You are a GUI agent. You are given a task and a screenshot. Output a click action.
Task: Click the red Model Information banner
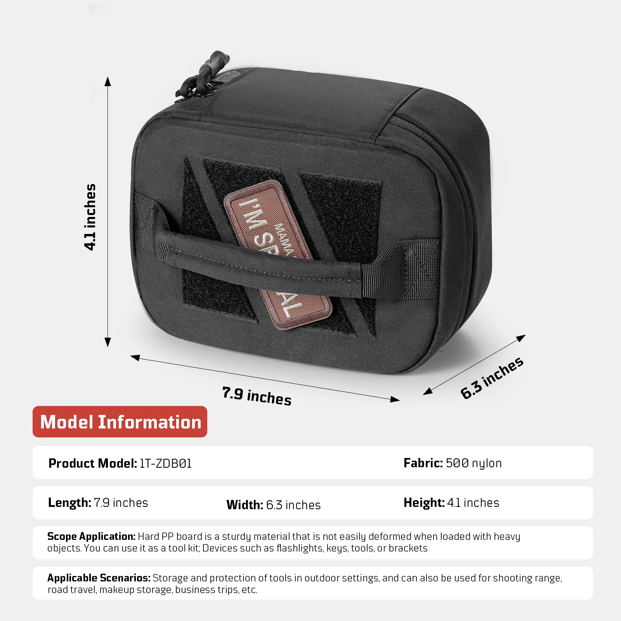point(120,422)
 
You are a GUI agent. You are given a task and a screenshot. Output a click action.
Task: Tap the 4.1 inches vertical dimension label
point(90,217)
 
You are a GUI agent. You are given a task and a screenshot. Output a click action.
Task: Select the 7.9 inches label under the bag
point(257,396)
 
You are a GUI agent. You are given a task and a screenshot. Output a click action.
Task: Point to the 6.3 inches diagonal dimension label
point(492,378)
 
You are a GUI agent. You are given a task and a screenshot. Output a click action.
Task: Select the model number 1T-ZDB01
point(166,463)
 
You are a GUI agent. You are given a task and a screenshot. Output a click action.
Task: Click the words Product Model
point(92,463)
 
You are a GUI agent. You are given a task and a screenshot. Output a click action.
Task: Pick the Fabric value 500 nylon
point(474,463)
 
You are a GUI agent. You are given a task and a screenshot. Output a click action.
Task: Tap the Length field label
point(69,503)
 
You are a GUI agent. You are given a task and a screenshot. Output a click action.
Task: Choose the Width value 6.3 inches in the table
point(293,505)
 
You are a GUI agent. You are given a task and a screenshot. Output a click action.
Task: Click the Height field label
point(424,503)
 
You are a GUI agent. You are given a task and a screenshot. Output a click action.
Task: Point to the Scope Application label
point(91,536)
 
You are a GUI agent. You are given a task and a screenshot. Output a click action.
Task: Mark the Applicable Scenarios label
point(99,578)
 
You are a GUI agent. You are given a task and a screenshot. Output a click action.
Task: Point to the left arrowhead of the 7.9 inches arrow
point(135,357)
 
